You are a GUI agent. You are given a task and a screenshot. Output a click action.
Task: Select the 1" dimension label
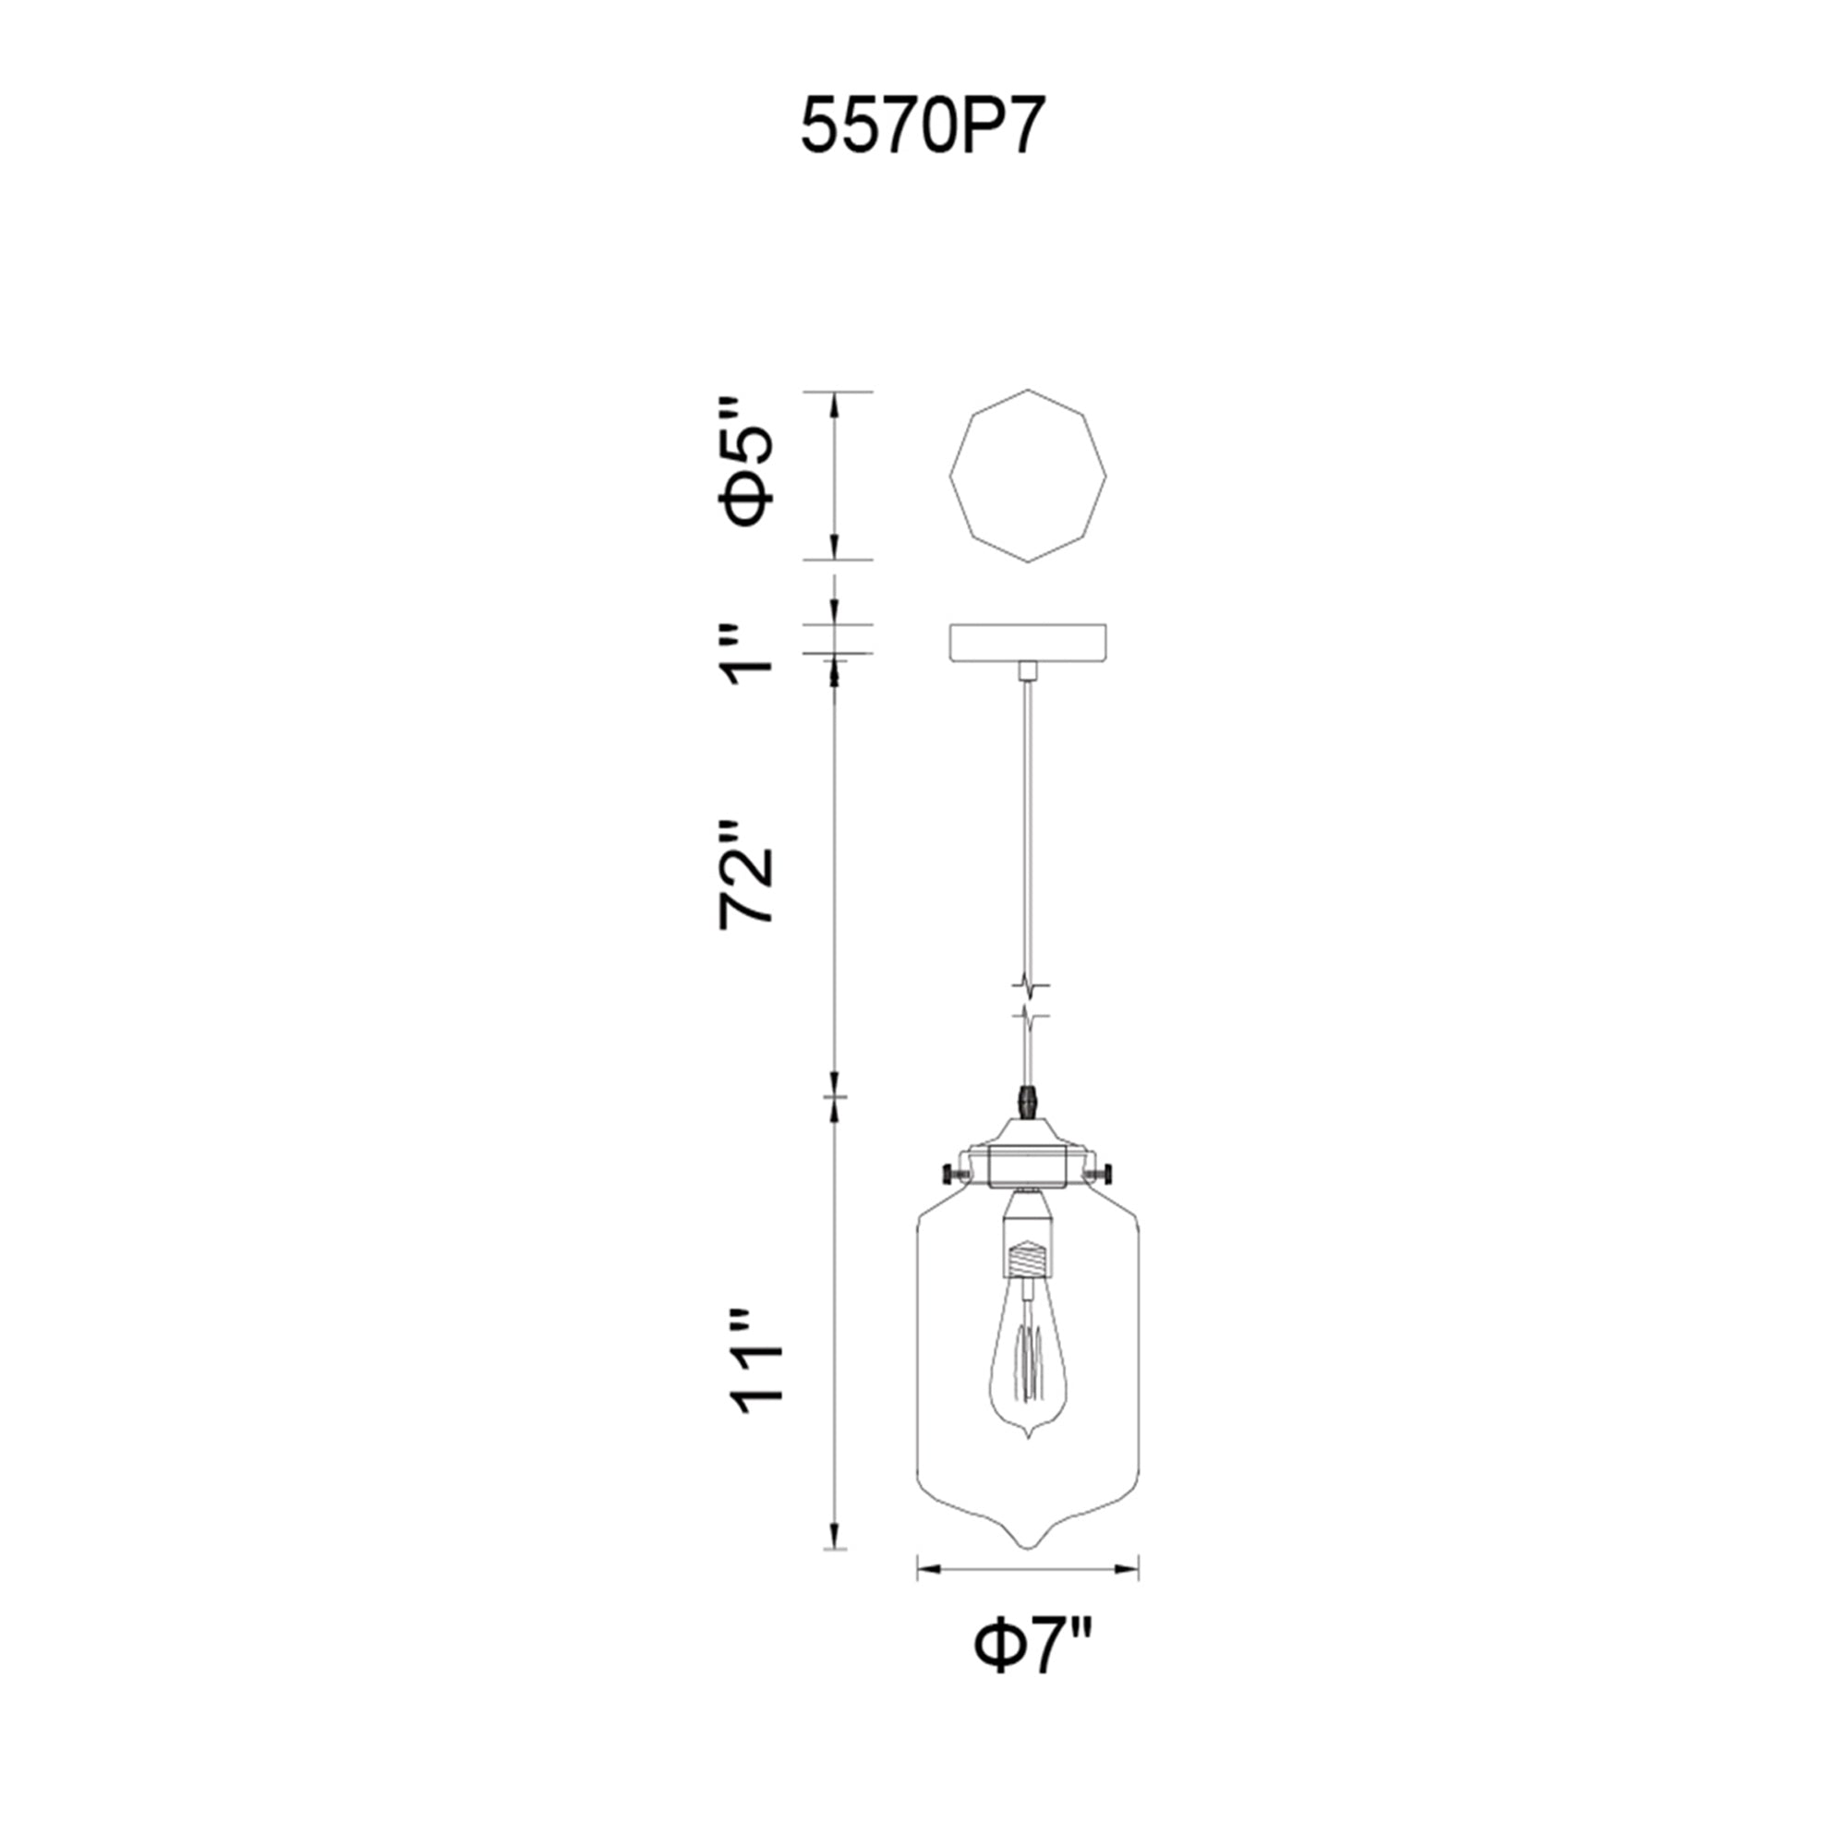(x=746, y=656)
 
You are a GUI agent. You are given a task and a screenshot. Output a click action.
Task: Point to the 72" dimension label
(x=746, y=873)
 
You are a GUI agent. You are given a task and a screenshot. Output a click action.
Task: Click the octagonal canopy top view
(x=1027, y=475)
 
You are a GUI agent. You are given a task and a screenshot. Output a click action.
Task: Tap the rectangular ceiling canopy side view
(x=1027, y=641)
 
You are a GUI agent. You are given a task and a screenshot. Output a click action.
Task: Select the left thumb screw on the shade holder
(x=950, y=1172)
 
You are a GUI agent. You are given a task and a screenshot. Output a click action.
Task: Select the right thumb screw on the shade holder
(x=1107, y=1172)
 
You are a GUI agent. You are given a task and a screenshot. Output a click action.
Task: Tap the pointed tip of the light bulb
(x=1027, y=1462)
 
